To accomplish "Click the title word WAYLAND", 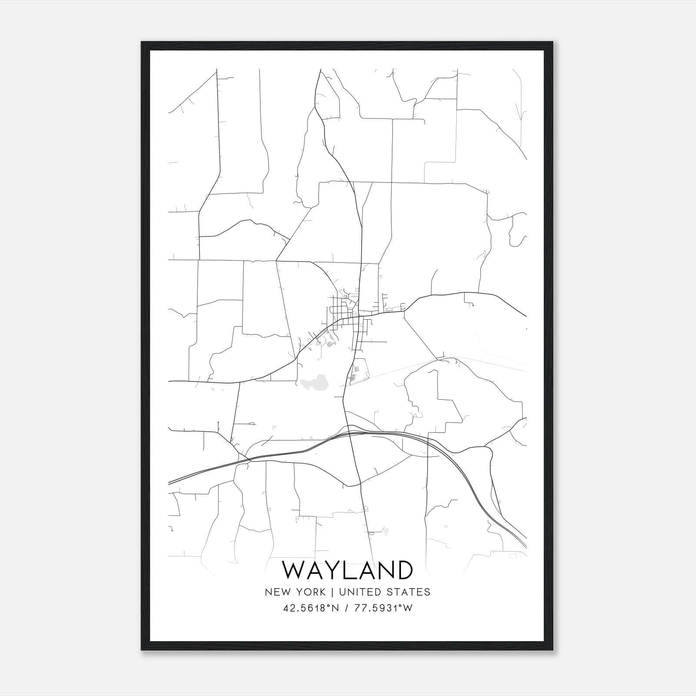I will pos(347,570).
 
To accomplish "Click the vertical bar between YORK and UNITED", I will pos(331,592).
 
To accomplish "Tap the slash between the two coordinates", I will pos(346,608).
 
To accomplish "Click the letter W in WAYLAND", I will pos(295,570).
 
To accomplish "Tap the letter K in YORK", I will pos(321,592).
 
